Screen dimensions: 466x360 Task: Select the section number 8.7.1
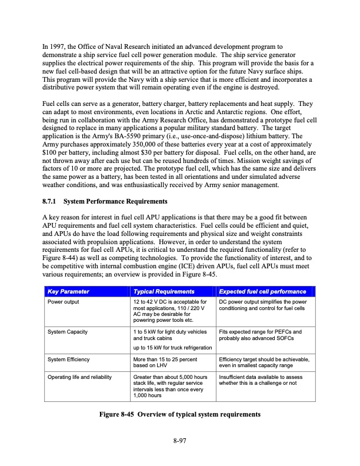(x=51, y=202)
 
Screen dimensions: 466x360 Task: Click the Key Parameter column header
(x=69, y=292)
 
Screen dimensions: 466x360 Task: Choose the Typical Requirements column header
(x=164, y=292)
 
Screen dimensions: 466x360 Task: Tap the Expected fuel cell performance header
(x=262, y=292)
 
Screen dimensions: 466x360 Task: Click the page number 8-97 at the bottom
(x=179, y=439)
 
